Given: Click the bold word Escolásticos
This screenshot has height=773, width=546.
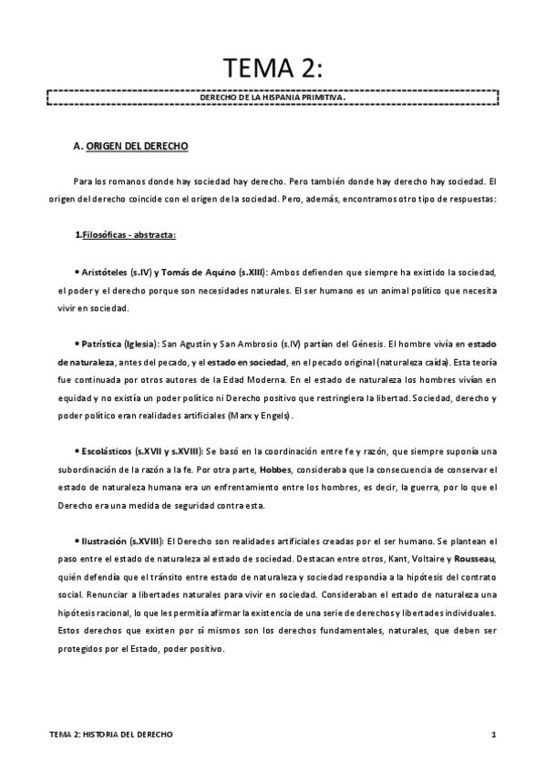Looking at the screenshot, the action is pos(105,452).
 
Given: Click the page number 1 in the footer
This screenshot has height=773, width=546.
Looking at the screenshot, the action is pos(492,734).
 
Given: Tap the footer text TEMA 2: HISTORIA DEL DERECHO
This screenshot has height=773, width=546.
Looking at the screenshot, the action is pos(111,734).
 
